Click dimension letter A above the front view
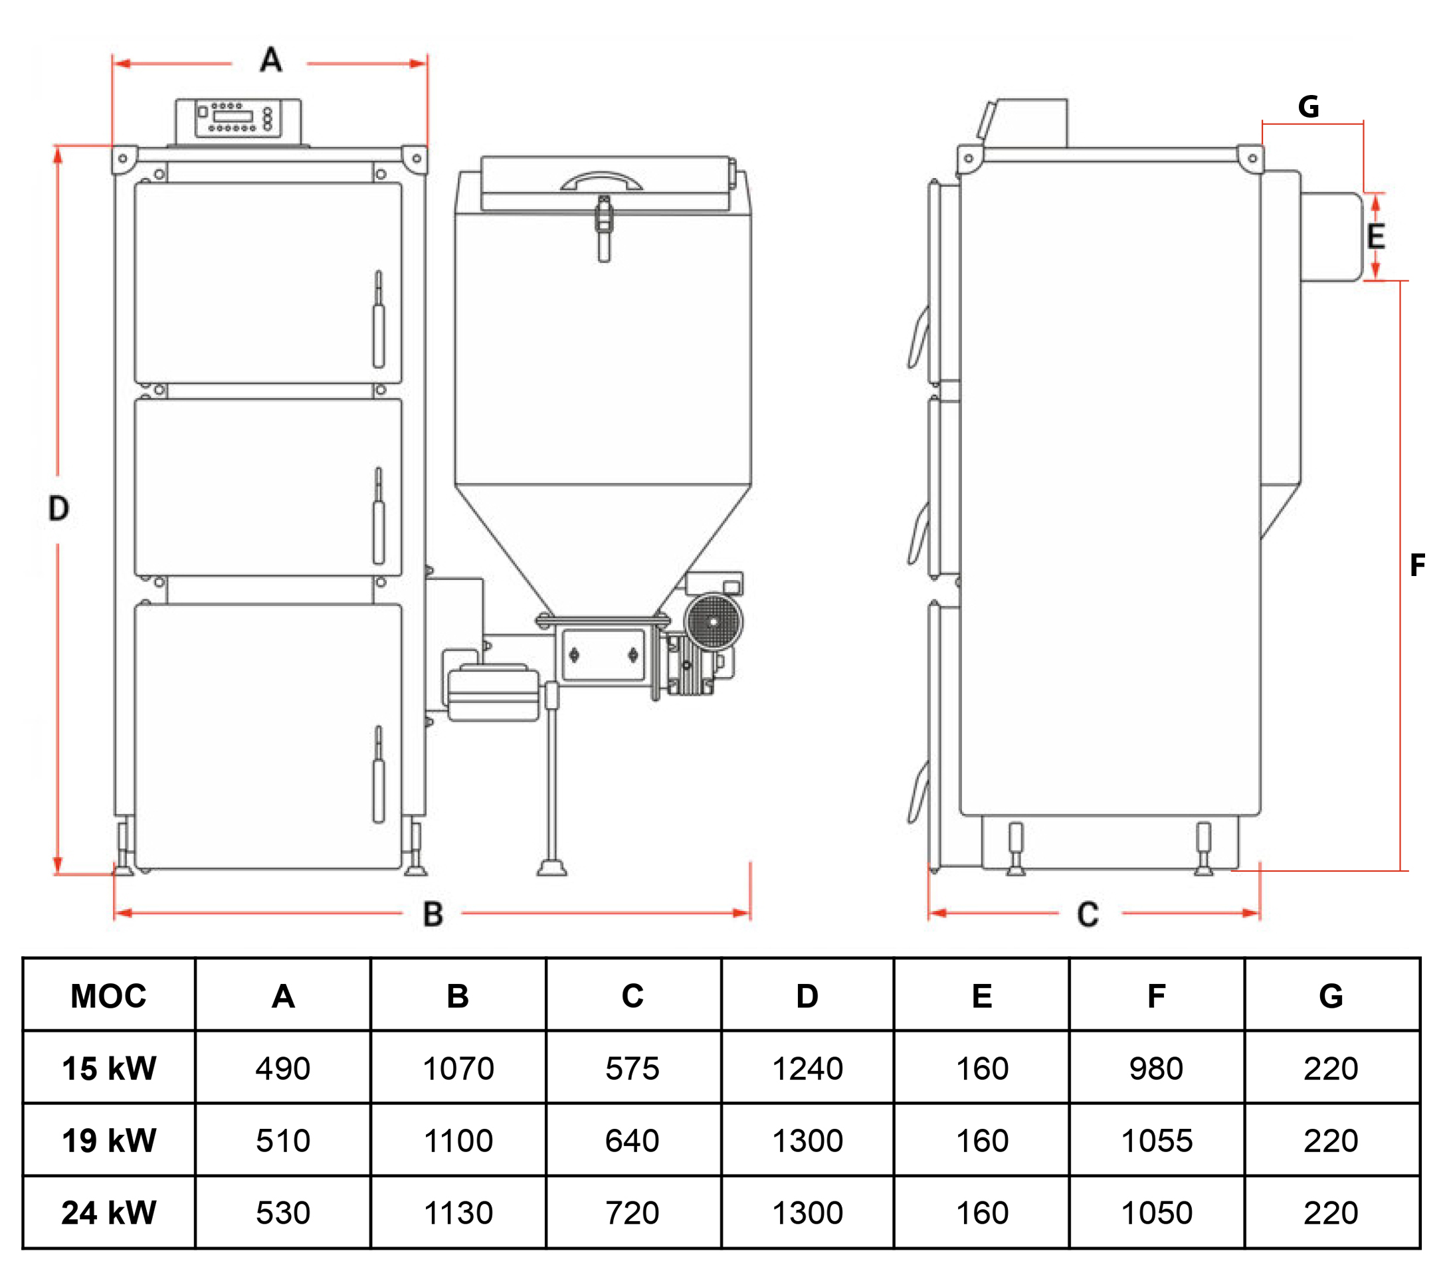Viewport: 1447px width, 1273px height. coord(271,60)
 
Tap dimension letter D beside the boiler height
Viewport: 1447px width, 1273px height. coord(58,508)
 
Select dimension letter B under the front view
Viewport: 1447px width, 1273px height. coord(433,914)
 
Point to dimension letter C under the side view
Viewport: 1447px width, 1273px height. coord(1088,915)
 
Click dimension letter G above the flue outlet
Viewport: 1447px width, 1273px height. coord(1308,107)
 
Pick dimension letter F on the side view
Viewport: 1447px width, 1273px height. coord(1416,565)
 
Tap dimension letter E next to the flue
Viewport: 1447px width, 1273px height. coord(1375,237)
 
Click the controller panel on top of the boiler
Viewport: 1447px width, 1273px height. coord(239,119)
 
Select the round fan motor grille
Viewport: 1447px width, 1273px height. coord(714,622)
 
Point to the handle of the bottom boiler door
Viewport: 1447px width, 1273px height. coord(379,775)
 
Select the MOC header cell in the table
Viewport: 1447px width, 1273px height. coord(108,996)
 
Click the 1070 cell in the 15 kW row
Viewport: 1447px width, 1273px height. coord(458,1068)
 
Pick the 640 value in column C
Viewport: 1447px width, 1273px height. coord(632,1141)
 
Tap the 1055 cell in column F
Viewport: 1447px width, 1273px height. coord(1157,1141)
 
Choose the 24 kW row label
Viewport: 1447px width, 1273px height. coord(108,1213)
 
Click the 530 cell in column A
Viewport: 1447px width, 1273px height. coord(283,1213)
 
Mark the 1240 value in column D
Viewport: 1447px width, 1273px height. coord(807,1068)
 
